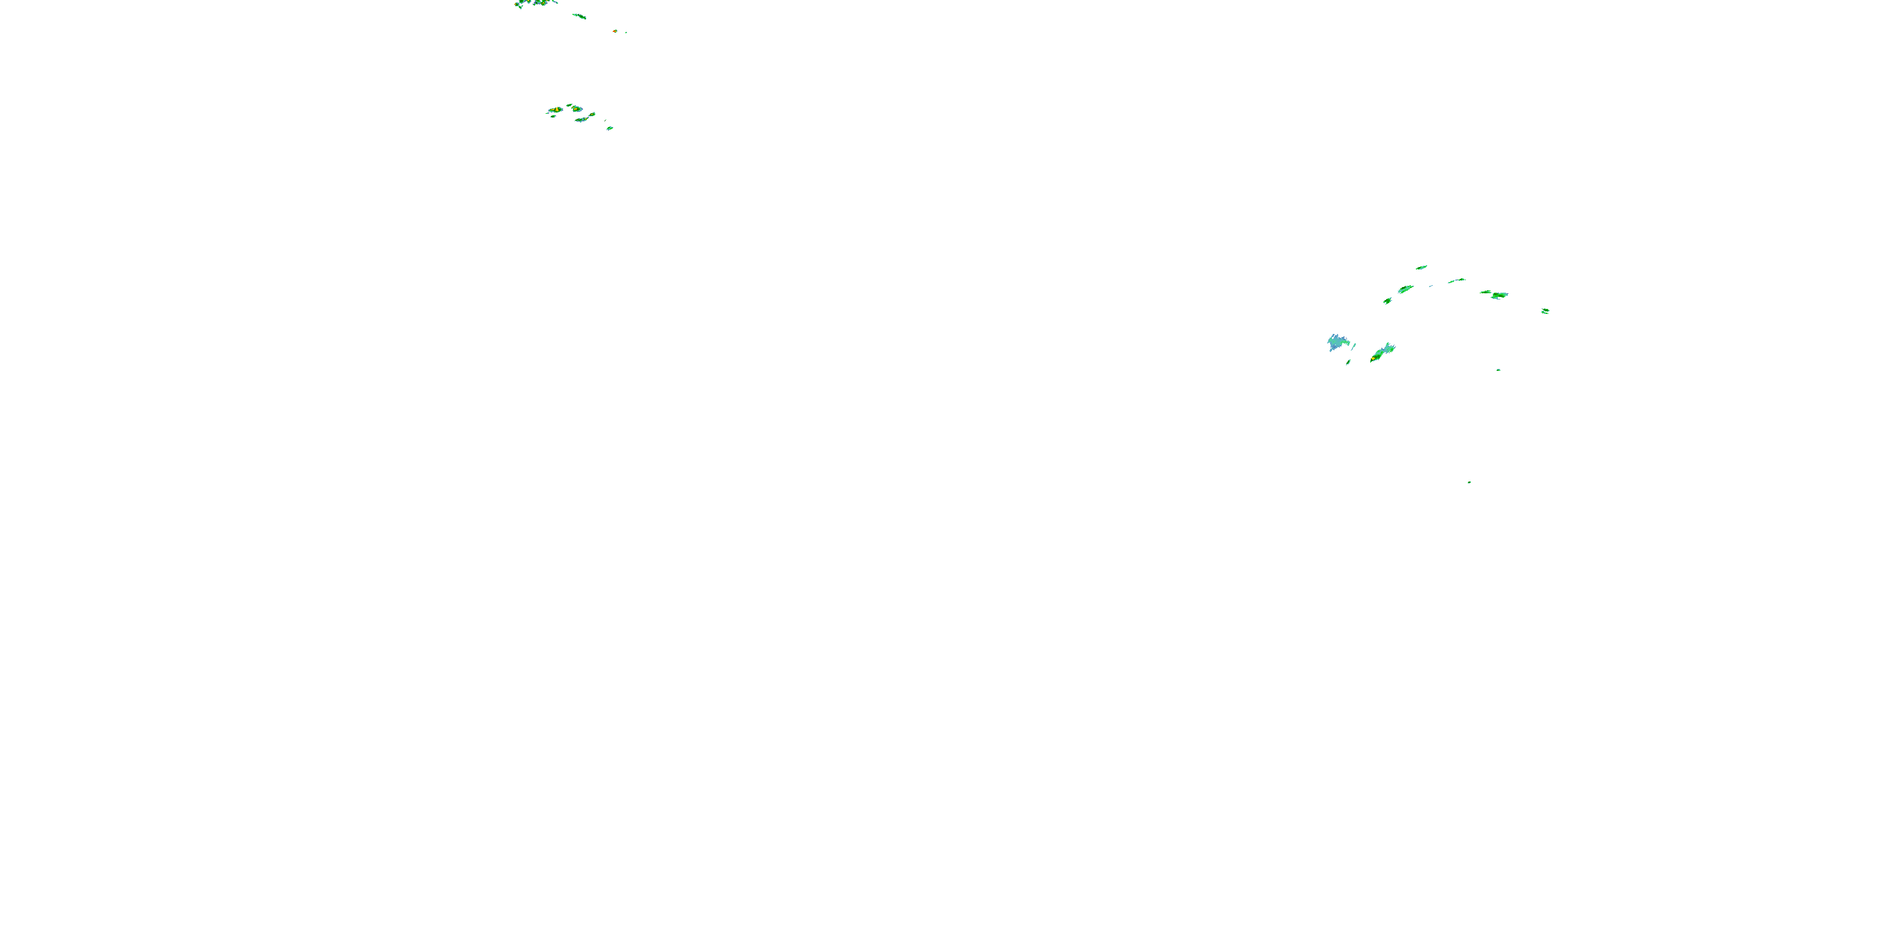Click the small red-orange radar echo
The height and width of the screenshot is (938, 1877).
[615, 31]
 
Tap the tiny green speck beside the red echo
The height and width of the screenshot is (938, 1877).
[625, 32]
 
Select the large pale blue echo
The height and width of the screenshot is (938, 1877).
[1337, 342]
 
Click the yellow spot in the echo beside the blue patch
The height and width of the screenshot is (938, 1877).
[1373, 358]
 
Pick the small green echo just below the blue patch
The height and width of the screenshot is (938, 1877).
[1349, 362]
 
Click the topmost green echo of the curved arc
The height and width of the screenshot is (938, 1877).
[1421, 267]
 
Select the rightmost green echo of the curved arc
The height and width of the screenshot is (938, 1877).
[1545, 311]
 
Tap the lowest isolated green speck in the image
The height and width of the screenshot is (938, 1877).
[1469, 482]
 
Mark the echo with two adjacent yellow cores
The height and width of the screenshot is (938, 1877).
[555, 110]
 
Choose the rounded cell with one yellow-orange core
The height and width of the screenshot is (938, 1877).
[576, 109]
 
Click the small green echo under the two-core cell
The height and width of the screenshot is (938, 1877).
[553, 116]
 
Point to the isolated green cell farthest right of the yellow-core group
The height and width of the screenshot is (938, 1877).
[610, 128]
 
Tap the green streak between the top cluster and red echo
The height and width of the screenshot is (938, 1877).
[579, 15]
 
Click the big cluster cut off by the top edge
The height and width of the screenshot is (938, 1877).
[536, 3]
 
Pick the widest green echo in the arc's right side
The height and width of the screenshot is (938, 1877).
[1498, 295]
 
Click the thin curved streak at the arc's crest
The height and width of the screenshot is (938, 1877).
[1457, 280]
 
